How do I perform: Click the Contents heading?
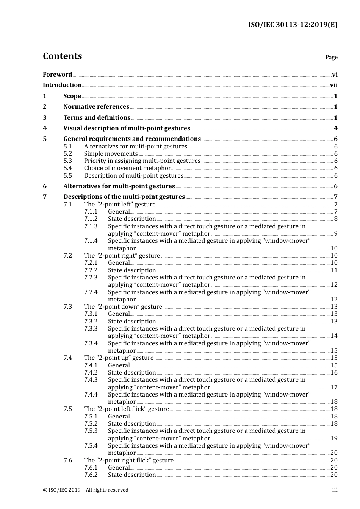coord(62,56)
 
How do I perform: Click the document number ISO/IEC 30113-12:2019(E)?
coord(293,25)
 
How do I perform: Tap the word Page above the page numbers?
coord(331,57)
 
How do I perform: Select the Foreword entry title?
coord(57,74)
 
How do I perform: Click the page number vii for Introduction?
coord(333,85)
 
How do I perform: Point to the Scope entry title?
coord(72,96)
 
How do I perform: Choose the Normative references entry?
coord(96,107)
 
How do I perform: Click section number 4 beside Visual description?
coord(45,128)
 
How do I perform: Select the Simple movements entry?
coord(111,154)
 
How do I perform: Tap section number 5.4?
coord(67,168)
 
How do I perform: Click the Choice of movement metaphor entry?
coord(127,168)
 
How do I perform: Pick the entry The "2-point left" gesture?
coord(120,205)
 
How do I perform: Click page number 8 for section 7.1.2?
coord(336,219)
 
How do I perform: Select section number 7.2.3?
coord(91,278)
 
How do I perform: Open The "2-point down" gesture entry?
coord(123,307)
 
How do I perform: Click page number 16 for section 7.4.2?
coord(334,373)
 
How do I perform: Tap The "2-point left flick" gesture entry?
coord(127,409)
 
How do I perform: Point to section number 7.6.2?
coord(91,475)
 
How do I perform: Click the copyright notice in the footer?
coord(86,490)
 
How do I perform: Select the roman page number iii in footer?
coord(335,490)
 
